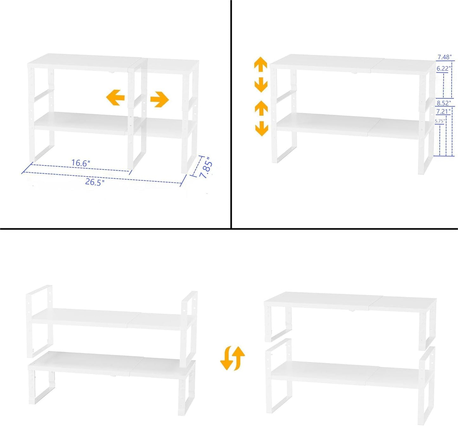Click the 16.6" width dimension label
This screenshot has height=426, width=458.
[x=81, y=163]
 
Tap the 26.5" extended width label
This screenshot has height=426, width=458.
[x=95, y=182]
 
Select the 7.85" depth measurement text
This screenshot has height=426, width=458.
[x=206, y=168]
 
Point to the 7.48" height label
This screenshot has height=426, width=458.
[x=444, y=57]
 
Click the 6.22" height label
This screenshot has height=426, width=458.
[x=443, y=69]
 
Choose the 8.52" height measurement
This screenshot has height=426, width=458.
[x=444, y=103]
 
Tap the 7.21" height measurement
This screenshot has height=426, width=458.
[x=443, y=111]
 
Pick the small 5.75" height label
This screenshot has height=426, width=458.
[x=440, y=121]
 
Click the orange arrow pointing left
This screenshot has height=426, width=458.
[x=115, y=97]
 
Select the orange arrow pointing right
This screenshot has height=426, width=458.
[x=159, y=99]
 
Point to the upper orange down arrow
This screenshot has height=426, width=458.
[x=261, y=85]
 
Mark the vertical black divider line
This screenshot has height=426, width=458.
[x=231, y=114]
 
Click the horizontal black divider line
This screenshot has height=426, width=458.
[x=229, y=228]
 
